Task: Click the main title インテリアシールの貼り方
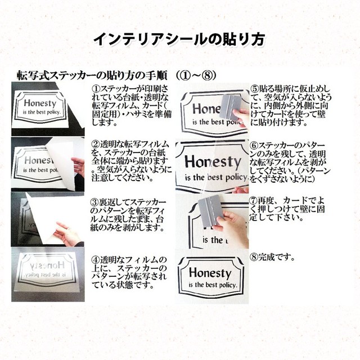[179, 40]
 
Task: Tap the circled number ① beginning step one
[95, 89]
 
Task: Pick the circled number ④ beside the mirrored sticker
[95, 259]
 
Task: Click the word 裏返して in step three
[112, 201]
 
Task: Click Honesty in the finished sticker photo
[209, 273]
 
